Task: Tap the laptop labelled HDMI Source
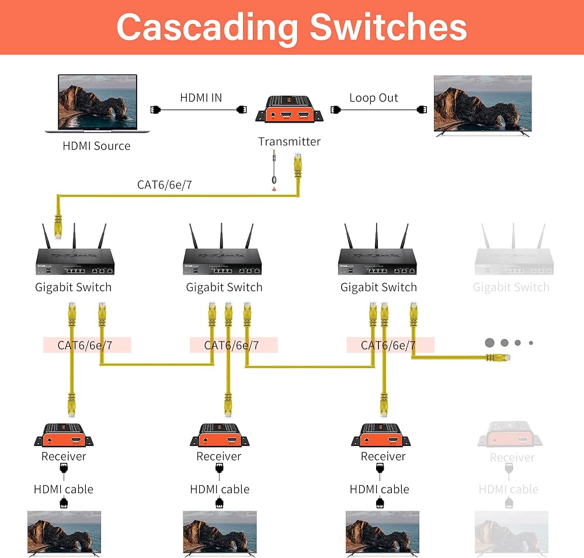click(x=97, y=103)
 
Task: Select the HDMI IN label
click(x=201, y=97)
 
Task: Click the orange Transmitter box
click(x=289, y=110)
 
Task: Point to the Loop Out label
click(x=374, y=97)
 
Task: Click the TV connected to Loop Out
click(x=482, y=106)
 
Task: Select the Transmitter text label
click(x=289, y=141)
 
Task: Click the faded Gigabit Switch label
click(x=511, y=287)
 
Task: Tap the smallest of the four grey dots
click(x=531, y=343)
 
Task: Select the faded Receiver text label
click(x=512, y=458)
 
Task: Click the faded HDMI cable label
click(x=508, y=489)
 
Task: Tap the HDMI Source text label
click(x=96, y=146)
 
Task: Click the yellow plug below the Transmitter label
click(x=297, y=166)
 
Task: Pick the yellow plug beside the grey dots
click(x=496, y=357)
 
